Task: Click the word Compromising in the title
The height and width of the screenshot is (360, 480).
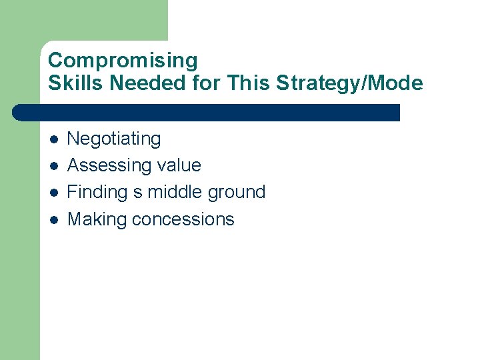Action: point(123,61)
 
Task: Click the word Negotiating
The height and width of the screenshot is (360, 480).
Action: point(114,139)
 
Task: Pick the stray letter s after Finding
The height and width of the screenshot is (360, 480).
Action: point(138,193)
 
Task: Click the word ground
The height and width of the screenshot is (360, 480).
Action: point(237,193)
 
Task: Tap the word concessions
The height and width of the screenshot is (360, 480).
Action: point(183,219)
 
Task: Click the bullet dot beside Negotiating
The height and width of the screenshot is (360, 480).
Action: point(53,139)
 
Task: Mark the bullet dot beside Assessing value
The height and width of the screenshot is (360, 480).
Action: point(53,166)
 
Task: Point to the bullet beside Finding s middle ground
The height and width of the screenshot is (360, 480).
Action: point(53,193)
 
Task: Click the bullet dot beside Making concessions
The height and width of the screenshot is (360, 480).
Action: point(53,219)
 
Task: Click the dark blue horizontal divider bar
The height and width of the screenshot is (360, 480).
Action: point(207,113)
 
